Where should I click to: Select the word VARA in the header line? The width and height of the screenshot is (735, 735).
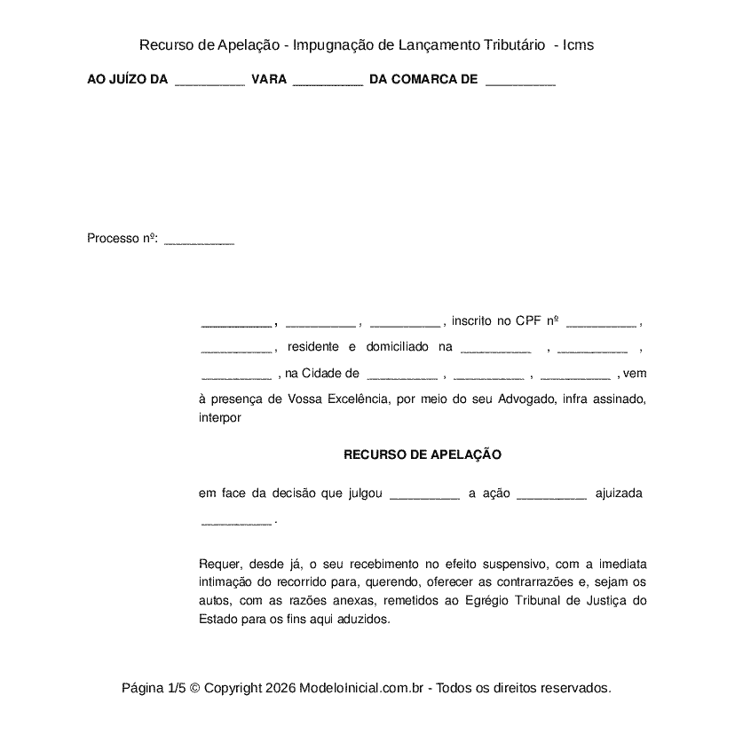tap(269, 80)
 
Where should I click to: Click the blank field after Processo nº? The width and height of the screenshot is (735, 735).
tap(200, 240)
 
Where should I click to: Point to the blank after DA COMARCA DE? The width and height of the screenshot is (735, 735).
tap(521, 82)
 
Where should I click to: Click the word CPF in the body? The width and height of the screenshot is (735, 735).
tap(527, 320)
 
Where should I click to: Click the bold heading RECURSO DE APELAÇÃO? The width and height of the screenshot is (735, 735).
tap(423, 454)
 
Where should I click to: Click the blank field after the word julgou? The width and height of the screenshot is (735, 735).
tap(424, 494)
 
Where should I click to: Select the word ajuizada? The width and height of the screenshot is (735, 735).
tap(619, 493)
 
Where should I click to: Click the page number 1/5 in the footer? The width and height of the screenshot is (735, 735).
tap(176, 688)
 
